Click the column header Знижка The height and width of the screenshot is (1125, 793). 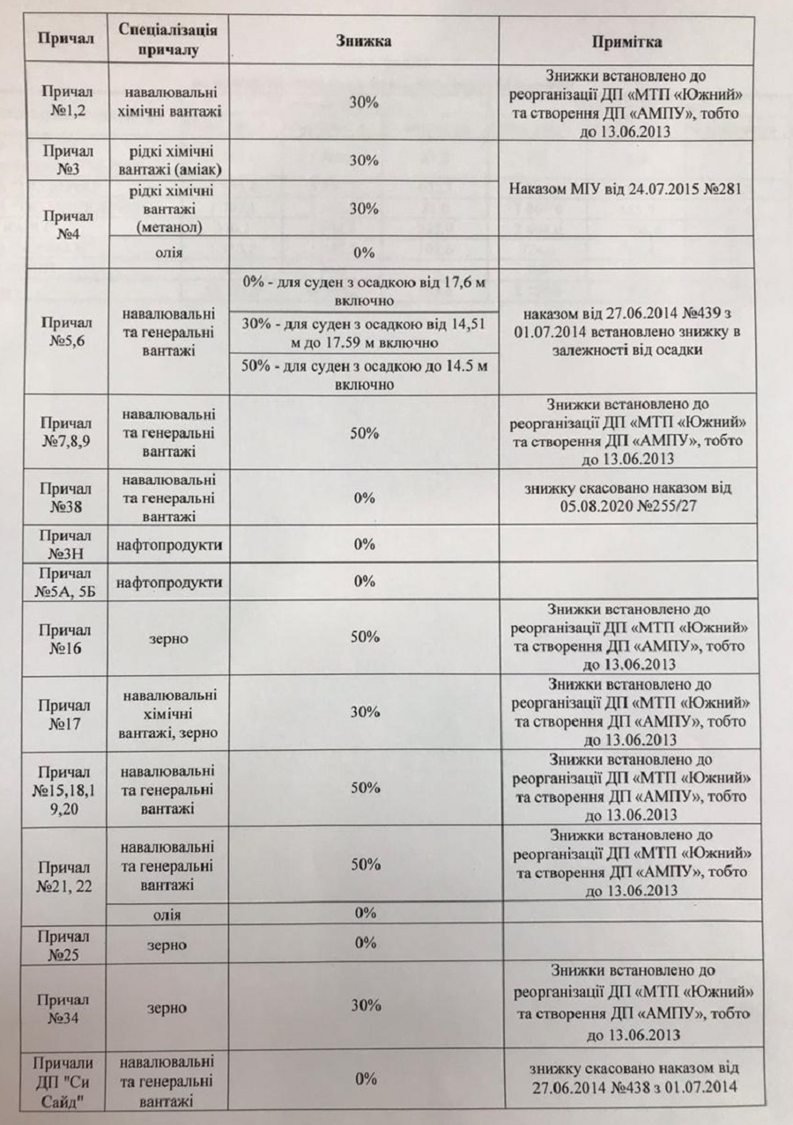click(x=364, y=41)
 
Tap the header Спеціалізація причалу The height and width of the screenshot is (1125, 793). click(x=168, y=40)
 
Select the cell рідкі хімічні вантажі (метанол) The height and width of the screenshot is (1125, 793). click(x=168, y=209)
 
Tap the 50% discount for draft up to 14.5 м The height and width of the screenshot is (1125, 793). click(x=364, y=373)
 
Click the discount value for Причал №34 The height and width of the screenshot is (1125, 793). click(x=364, y=1005)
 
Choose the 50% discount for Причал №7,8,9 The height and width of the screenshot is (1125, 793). click(x=364, y=433)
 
